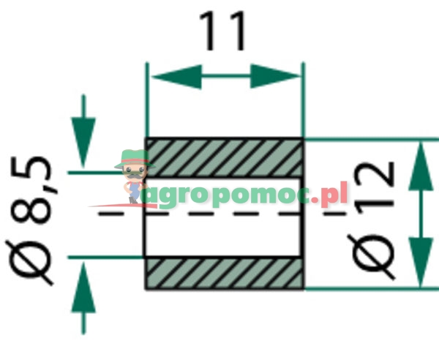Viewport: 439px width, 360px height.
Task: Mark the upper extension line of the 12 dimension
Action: click(366, 139)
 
